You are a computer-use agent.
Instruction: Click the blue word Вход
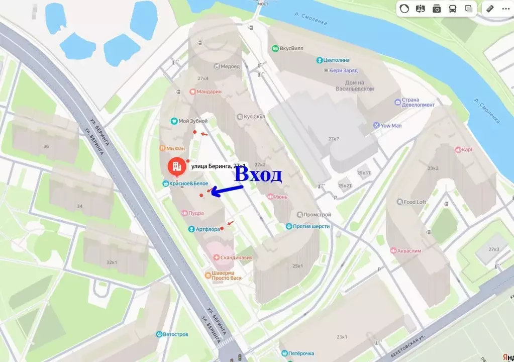[258, 174]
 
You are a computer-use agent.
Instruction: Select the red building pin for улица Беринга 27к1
[175, 166]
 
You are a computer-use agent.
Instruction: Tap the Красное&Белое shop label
[185, 184]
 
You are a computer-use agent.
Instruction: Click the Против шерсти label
[307, 226]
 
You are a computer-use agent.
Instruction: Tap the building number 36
[46, 146]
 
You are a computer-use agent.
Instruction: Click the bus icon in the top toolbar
[452, 9]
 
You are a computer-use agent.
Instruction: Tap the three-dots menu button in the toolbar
[505, 9]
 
